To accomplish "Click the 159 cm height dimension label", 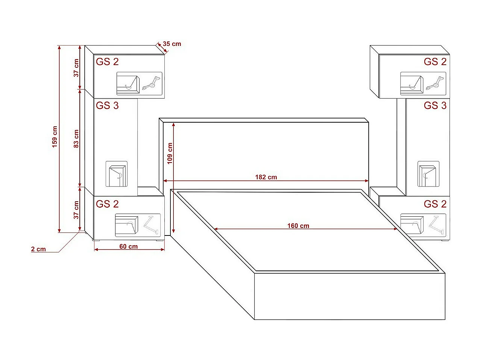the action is tap(55, 137).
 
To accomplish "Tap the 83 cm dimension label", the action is tap(76, 138).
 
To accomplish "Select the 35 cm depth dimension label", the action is tap(172, 44).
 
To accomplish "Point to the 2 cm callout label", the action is tap(38, 249).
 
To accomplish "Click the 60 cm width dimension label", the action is tap(129, 246).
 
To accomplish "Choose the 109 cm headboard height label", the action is tap(170, 153).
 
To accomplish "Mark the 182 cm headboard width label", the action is tap(266, 177).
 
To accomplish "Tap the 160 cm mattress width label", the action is tap(298, 226).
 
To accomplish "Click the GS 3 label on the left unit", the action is tap(107, 106).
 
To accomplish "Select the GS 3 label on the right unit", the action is tap(435, 106).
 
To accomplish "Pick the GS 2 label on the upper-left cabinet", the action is tap(107, 62).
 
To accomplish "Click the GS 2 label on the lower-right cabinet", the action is tap(435, 204).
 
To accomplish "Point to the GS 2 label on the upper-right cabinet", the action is tap(435, 62).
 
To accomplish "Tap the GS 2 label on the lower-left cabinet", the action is tap(107, 204).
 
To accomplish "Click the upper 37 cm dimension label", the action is tap(76, 68).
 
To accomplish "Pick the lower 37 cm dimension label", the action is tap(76, 210).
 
